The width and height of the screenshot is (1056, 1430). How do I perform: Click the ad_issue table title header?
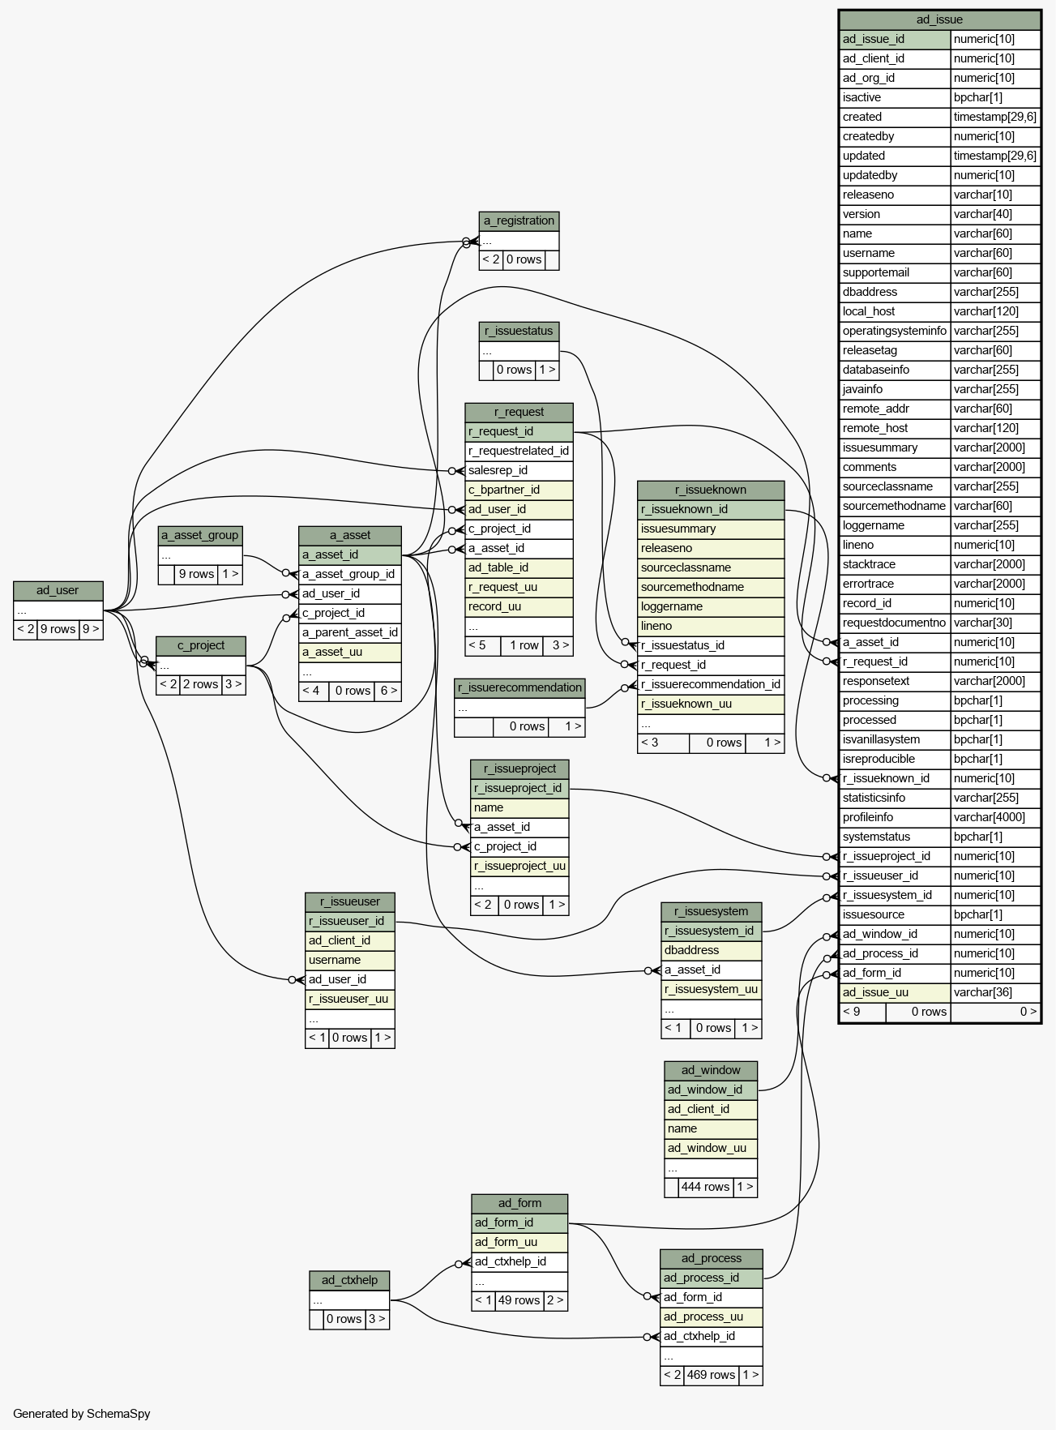(x=939, y=19)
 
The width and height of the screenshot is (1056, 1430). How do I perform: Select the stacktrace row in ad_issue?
(x=895, y=564)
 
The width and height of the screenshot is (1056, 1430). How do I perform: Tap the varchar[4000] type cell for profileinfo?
(x=994, y=817)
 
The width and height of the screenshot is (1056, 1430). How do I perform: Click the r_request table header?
(x=519, y=412)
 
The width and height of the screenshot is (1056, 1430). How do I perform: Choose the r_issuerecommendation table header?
(x=519, y=687)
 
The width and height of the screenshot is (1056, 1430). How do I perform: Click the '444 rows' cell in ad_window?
(x=705, y=1187)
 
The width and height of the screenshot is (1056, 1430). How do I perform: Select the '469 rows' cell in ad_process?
(x=711, y=1375)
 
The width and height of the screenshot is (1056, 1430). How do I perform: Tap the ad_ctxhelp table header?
(x=349, y=1280)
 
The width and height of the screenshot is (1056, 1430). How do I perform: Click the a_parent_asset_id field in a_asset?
(x=350, y=632)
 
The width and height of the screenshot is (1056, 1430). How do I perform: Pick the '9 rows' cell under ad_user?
(x=58, y=629)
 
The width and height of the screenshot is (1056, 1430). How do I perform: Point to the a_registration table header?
(x=519, y=220)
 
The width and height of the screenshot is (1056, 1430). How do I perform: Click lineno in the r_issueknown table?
(x=711, y=626)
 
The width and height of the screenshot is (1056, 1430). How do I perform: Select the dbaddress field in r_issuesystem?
(x=711, y=950)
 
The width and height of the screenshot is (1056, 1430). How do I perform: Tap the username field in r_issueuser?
(x=349, y=960)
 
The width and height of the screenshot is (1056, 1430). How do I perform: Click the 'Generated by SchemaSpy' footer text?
(x=82, y=1414)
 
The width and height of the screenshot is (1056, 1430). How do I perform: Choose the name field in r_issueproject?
(x=519, y=807)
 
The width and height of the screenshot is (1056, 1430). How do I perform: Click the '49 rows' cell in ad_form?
(x=519, y=1300)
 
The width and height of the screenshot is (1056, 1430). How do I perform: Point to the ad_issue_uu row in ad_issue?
(x=895, y=992)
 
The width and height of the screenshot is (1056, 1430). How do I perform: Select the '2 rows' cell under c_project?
(x=200, y=684)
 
